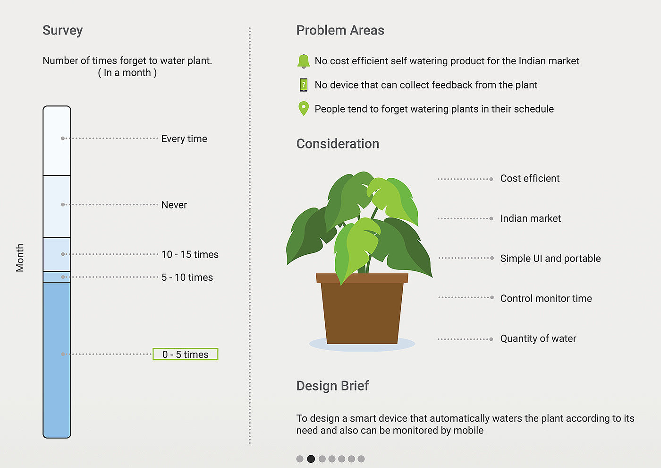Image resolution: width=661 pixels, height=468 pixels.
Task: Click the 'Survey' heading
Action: click(62, 31)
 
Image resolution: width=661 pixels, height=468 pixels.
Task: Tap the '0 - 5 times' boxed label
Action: click(185, 354)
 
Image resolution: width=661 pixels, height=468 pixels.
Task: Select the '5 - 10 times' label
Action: click(187, 277)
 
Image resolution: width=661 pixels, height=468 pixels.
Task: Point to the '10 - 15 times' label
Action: click(190, 254)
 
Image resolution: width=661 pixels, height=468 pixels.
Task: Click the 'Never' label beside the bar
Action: click(174, 205)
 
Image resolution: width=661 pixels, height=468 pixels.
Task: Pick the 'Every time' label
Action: click(184, 139)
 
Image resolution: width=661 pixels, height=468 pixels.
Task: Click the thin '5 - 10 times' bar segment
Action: click(57, 277)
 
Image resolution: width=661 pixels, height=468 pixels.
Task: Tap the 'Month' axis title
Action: click(20, 258)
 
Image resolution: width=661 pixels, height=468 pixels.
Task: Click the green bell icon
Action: click(304, 61)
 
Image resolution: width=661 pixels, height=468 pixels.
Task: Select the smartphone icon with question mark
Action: click(304, 85)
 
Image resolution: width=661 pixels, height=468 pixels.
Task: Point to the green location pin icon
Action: click(304, 109)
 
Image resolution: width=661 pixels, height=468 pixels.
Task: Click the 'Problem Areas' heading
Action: click(340, 31)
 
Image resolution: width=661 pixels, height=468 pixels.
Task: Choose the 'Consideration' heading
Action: click(338, 144)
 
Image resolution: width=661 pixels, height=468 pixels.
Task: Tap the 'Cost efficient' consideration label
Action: click(530, 179)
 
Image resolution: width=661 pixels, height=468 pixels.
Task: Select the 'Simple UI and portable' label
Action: click(550, 259)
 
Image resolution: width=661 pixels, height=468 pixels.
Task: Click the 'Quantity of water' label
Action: click(538, 338)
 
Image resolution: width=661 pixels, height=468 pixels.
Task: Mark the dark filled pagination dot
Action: click(311, 459)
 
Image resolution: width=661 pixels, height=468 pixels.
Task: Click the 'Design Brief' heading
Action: click(332, 386)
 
